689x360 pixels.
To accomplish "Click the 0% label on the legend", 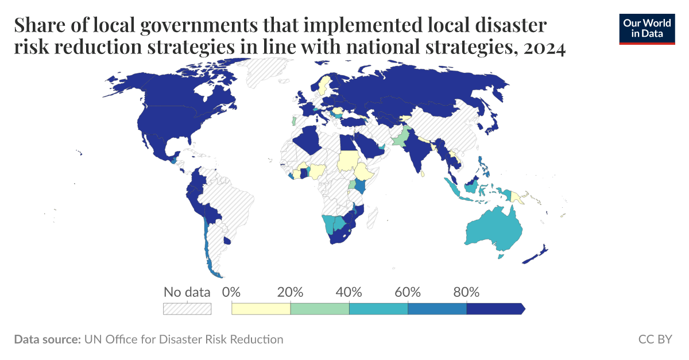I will [x=231, y=292].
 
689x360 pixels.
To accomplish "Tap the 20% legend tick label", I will [x=290, y=292].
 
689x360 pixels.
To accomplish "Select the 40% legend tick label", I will [x=349, y=292].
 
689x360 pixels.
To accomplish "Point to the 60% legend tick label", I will [x=408, y=292].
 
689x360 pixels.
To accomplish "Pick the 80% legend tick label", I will [x=466, y=292].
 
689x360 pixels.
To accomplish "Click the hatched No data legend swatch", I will [x=187, y=308].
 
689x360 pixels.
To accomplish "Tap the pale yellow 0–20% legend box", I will [x=261, y=308].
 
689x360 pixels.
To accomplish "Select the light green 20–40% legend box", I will [x=320, y=308].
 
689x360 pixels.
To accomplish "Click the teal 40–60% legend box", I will [x=378, y=308].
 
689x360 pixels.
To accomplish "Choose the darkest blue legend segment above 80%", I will [x=494, y=308].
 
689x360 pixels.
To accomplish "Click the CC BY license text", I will [x=655, y=339].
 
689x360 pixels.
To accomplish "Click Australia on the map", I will [x=494, y=230].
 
